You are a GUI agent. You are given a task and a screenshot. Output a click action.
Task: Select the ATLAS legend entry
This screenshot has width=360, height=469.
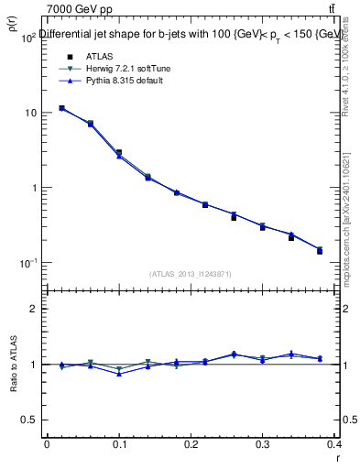point(87,56)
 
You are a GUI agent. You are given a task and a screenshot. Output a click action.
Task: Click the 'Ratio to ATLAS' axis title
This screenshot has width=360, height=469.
point(15,365)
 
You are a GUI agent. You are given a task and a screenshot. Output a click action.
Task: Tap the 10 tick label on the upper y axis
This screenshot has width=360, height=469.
point(30,113)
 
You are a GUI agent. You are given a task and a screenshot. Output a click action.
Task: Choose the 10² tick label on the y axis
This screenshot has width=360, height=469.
point(28,37)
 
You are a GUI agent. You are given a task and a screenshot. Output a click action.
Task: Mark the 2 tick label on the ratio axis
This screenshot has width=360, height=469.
point(35,310)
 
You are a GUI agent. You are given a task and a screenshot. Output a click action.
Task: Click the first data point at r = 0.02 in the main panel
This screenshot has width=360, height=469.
point(61,108)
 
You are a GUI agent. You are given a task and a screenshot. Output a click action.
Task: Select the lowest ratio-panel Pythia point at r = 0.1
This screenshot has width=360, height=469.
point(119,374)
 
